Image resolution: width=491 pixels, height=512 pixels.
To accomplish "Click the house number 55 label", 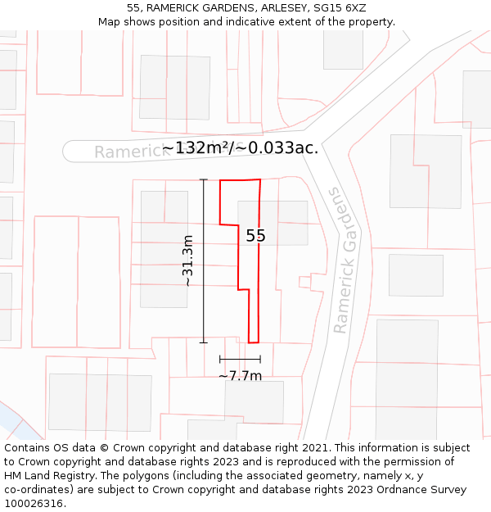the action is pos(255,236).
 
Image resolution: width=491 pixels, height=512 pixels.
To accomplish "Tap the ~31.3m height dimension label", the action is pos(187,261).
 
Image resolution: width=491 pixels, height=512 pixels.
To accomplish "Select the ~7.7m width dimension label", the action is pos(240,376).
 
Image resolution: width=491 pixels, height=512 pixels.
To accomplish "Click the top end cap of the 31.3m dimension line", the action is pos(204,179).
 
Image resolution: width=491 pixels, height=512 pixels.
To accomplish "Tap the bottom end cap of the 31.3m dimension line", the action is pos(204,342).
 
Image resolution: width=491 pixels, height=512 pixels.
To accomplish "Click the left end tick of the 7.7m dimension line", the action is pos(220,359).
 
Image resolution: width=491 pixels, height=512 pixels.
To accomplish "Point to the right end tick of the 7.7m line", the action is pos(260,359).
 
